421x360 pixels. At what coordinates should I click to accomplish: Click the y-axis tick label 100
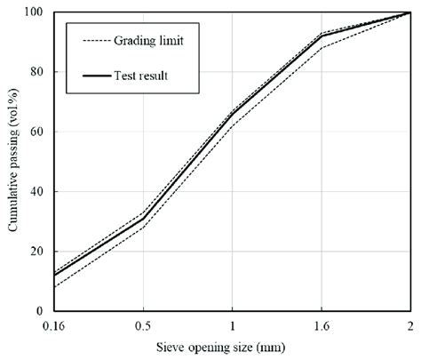[x=34, y=12]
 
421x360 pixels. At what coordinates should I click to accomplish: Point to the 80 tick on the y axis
[x=36, y=72]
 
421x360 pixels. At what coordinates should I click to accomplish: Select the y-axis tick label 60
[x=36, y=132]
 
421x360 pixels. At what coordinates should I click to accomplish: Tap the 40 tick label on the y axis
[x=36, y=192]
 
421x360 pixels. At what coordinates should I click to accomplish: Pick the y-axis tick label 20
[x=36, y=252]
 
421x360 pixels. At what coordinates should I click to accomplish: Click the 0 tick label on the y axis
[x=40, y=311]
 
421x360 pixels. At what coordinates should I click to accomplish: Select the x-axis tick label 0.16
[x=55, y=325]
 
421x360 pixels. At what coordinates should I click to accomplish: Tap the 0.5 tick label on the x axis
[x=144, y=325]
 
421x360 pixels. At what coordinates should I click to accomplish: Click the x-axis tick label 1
[x=233, y=325]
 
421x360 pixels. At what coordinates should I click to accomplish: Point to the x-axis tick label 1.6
[x=322, y=325]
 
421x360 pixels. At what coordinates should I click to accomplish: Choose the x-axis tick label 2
[x=409, y=325]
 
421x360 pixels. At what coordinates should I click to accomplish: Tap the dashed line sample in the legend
[x=99, y=41]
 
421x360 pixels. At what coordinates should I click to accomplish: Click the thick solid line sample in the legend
[x=99, y=76]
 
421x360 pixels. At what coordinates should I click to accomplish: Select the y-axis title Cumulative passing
[x=13, y=162]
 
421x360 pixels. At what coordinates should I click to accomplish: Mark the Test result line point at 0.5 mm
[x=144, y=219]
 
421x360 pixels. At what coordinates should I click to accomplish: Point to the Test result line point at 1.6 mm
[x=322, y=36]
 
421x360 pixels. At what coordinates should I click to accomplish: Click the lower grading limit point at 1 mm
[x=233, y=125]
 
